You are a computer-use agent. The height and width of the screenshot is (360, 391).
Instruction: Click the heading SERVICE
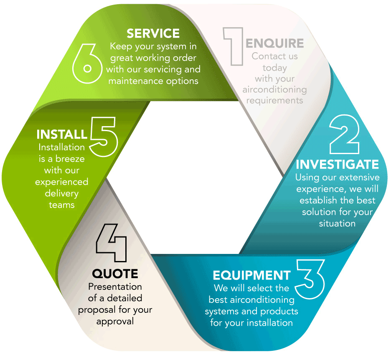click(x=153, y=33)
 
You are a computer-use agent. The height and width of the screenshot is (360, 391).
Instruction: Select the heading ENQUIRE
click(x=274, y=43)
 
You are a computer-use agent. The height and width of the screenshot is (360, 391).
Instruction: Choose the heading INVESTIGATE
click(x=337, y=164)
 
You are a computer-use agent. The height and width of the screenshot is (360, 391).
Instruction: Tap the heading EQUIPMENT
click(x=251, y=275)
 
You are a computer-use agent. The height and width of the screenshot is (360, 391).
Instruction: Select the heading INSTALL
click(x=62, y=134)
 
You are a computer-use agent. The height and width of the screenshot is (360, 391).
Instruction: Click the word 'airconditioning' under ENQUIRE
click(x=274, y=89)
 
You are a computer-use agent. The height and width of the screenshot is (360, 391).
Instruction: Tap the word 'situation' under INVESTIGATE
click(x=337, y=223)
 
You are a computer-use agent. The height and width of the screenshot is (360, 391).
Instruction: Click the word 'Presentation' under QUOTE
click(x=115, y=286)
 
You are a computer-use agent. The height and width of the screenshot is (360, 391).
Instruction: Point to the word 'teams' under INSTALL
click(x=61, y=205)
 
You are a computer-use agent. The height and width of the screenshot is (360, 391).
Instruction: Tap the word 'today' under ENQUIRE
click(x=274, y=67)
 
